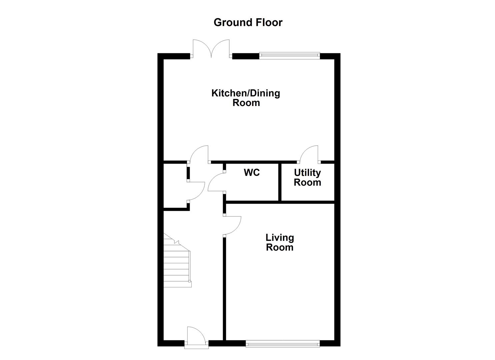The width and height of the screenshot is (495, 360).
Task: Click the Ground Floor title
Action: pos(248,22)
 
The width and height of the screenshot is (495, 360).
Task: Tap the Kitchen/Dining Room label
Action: pos(246,98)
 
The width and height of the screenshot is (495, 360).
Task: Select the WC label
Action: pos(252,173)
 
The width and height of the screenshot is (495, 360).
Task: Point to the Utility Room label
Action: pos(307,177)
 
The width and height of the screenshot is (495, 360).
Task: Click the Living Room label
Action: pos(279,242)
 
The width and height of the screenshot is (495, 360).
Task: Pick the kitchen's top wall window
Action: pos(289,56)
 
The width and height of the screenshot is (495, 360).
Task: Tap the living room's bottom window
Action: pos(282,343)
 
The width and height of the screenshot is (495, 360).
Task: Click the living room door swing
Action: pos(232,225)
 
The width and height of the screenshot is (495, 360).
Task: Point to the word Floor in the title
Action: pos(269,22)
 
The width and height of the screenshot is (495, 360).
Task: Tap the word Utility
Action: pos(307,173)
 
